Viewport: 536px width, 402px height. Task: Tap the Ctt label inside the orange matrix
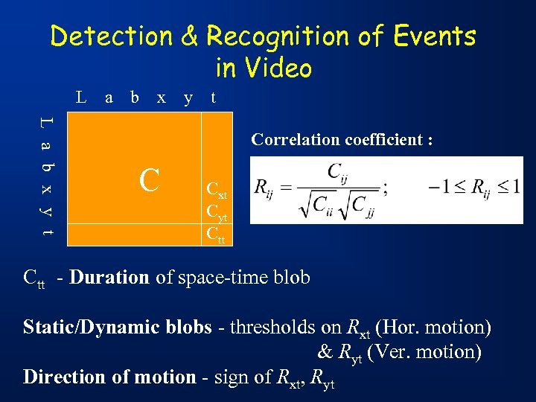point(215,234)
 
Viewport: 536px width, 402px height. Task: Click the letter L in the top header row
point(80,97)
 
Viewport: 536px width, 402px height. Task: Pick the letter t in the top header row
point(214,97)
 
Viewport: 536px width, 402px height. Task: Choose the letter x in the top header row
point(161,97)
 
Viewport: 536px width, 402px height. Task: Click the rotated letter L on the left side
point(47,121)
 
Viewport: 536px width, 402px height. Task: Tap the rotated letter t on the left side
point(47,233)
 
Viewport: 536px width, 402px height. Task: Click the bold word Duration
point(110,278)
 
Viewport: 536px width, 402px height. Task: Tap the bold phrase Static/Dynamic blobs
point(122,327)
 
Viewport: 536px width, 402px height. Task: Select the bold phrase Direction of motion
point(109,377)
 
